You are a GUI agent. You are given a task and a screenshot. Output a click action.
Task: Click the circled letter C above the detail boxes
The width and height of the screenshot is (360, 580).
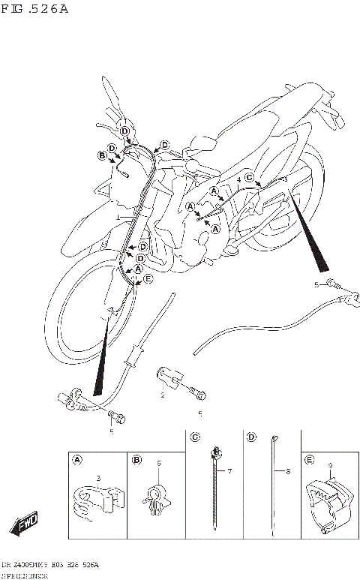tap(195, 437)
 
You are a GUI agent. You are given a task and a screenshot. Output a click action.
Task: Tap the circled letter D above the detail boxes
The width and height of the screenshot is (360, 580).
tap(251, 437)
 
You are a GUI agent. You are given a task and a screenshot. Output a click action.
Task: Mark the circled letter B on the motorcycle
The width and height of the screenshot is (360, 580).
tap(102, 156)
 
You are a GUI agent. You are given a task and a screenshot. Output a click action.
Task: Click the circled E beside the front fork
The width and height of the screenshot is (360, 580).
tap(148, 278)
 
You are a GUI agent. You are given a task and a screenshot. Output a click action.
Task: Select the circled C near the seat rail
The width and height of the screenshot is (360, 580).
tap(250, 177)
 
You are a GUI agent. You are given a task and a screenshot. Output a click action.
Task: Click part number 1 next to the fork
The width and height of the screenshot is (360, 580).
tap(118, 217)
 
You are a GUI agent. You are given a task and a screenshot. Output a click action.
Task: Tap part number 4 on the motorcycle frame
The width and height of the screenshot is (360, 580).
tap(238, 180)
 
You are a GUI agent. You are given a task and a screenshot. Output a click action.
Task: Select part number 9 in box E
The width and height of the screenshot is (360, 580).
tap(329, 465)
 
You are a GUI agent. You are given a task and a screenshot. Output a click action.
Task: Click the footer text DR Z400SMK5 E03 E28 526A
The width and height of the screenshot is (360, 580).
tap(49, 563)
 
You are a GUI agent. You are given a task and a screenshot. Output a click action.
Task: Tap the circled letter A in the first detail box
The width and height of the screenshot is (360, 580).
tap(78, 459)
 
